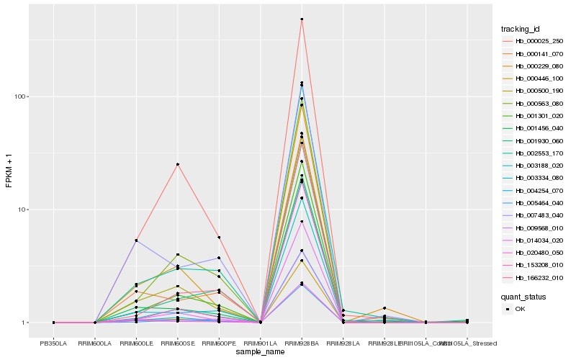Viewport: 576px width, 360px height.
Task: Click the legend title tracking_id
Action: (521, 29)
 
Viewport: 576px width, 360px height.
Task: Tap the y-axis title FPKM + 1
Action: (9, 171)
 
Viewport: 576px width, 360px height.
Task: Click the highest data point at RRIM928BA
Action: (302, 19)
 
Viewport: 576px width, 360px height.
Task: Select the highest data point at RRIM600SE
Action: (177, 164)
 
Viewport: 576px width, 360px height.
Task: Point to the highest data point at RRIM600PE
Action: (219, 238)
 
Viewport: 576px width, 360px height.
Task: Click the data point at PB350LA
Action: (53, 323)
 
